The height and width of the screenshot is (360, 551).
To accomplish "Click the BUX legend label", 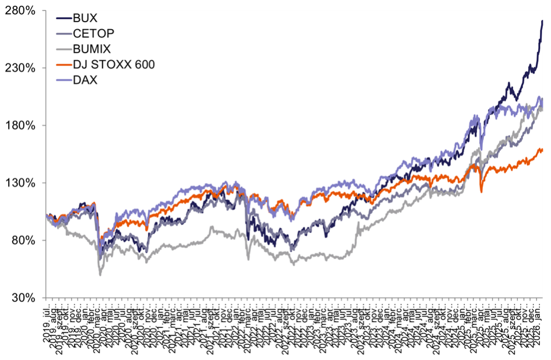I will (x=85, y=17).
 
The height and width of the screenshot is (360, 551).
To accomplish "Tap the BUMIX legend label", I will (x=92, y=49).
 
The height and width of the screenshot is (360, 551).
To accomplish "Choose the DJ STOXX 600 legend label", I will (x=114, y=65).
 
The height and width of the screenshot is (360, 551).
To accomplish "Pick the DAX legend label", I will (x=86, y=80).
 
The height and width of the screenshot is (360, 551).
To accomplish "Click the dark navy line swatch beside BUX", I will (x=62, y=17).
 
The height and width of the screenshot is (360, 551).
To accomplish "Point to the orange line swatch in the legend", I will (x=62, y=65).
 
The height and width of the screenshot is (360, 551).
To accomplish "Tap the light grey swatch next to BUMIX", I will (x=62, y=49).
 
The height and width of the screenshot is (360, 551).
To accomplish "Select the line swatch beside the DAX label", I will (x=62, y=80).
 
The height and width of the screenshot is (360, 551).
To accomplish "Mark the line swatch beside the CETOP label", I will (x=62, y=33).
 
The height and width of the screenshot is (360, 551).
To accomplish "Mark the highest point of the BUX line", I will (x=542, y=21).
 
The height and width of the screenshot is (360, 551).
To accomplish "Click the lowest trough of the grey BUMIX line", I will (x=100, y=274).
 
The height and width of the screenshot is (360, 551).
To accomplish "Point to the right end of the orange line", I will (x=543, y=150).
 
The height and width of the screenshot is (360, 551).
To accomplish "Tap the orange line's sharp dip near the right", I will (x=482, y=192).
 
